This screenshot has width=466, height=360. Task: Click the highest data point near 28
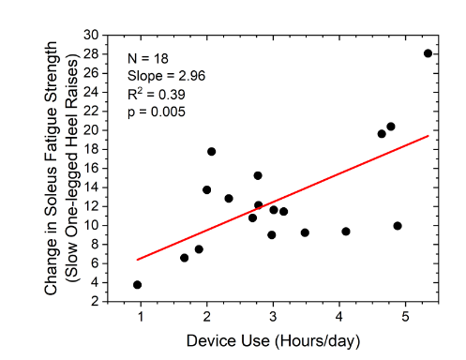tap(428, 53)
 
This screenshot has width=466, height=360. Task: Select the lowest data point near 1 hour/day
tap(138, 284)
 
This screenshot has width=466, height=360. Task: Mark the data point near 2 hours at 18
tap(212, 151)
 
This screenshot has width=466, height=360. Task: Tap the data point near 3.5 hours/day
tap(305, 232)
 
